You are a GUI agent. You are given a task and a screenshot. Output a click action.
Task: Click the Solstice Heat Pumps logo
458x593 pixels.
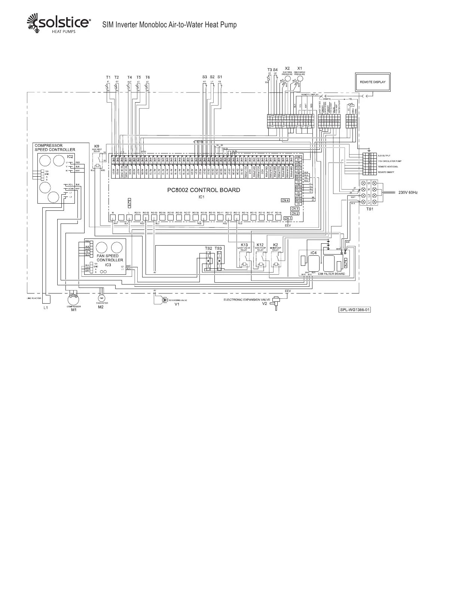coord(58,24)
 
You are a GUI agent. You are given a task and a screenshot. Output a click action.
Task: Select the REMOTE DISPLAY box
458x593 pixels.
coord(372,82)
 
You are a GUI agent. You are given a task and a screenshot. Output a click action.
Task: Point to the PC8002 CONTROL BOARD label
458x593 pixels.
coord(204,190)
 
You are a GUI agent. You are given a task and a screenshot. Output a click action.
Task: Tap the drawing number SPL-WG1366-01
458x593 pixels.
coord(354,310)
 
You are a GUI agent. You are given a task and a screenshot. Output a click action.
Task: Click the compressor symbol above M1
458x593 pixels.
coord(74,298)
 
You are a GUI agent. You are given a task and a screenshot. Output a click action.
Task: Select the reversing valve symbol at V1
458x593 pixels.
coord(164,299)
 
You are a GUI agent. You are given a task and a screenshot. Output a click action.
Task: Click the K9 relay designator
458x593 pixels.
coord(97,146)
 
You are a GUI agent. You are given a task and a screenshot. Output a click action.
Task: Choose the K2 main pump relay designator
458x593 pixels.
coord(275,245)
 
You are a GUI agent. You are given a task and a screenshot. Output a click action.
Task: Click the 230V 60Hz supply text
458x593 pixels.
coord(407,192)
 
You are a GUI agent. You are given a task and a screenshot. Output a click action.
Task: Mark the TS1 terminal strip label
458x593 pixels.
coord(369,209)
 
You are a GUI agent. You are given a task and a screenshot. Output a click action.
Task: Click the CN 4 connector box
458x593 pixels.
coord(285,200)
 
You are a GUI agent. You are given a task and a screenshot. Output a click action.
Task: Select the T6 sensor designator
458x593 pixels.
coord(147,77)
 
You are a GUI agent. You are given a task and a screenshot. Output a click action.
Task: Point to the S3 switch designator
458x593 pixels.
coord(205,77)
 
